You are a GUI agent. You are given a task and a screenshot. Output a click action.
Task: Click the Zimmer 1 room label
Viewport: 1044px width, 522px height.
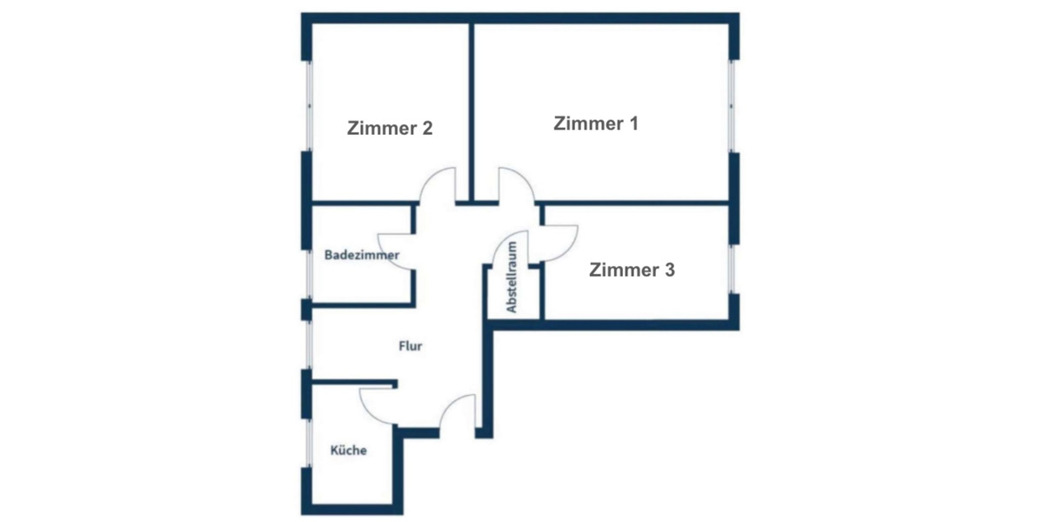coord(596,124)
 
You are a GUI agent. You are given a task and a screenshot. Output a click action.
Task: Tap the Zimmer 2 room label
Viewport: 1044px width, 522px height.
coord(390,129)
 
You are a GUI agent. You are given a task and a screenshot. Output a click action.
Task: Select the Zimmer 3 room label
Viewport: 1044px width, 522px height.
coord(632,271)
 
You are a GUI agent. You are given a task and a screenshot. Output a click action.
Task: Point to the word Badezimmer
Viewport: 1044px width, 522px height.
coord(362,256)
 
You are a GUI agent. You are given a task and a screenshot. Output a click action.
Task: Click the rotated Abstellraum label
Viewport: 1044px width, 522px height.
coord(512,278)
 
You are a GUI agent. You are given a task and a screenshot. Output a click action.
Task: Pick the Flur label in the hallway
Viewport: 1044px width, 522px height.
coord(410,346)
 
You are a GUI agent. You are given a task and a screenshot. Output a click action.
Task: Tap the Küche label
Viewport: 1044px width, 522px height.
coord(348,451)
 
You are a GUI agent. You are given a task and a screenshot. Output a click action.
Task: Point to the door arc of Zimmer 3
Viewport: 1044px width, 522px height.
coord(557,242)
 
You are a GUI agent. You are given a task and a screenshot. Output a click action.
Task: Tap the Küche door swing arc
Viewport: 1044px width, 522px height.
coord(376,405)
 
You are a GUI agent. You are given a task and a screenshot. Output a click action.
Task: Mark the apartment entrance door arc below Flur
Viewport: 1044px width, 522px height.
coord(456,412)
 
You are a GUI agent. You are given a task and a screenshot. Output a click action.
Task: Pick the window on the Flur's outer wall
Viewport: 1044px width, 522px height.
coord(307,345)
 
